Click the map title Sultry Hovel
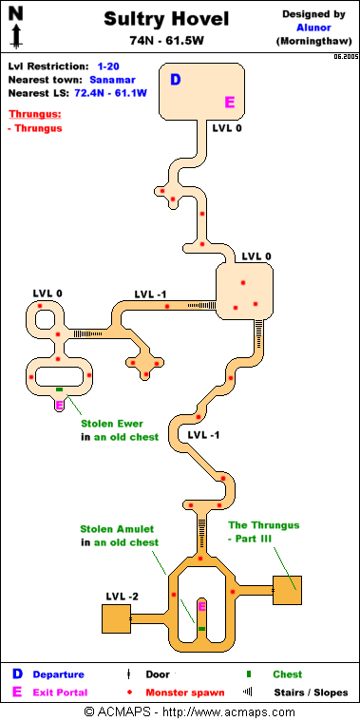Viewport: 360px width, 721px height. [x=166, y=20]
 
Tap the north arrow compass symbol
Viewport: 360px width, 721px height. [x=16, y=28]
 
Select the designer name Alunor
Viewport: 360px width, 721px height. [x=313, y=28]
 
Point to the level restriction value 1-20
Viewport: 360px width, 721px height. [x=108, y=66]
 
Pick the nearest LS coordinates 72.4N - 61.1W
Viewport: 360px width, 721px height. [x=110, y=93]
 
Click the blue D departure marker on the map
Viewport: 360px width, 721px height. [x=175, y=80]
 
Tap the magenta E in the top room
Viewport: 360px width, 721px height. [x=230, y=102]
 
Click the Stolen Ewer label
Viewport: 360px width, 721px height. [x=112, y=424]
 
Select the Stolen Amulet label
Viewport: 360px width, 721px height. [x=117, y=529]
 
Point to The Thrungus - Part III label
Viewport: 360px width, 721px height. [x=264, y=531]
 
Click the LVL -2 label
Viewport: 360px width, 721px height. [x=122, y=597]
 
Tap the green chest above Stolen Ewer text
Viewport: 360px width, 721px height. [x=59, y=389]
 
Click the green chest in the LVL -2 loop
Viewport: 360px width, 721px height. [x=201, y=628]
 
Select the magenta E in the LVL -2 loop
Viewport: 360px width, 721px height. [x=201, y=607]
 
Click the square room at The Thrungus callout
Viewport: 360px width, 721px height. [x=288, y=591]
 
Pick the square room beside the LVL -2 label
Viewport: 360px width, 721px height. [x=116, y=619]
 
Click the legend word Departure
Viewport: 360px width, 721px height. [x=58, y=674]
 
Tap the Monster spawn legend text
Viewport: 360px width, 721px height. [x=185, y=693]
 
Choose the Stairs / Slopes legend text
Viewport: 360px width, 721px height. [x=311, y=693]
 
